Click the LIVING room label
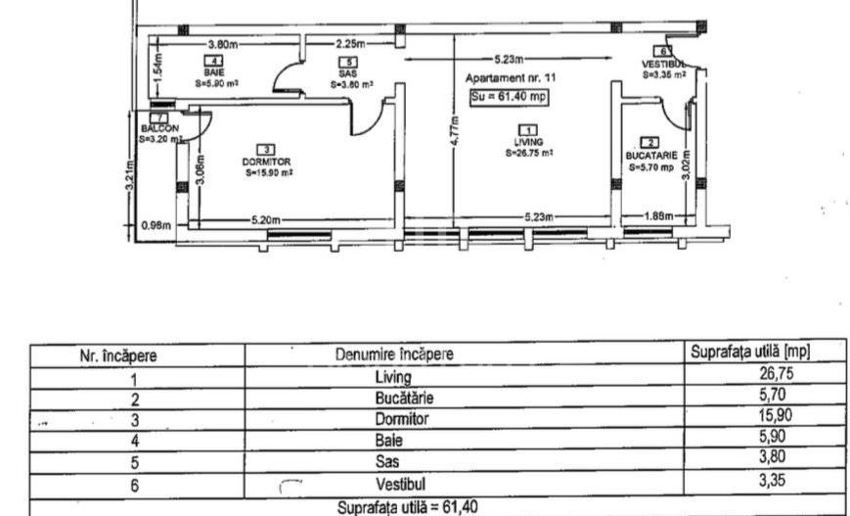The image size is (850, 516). tap(528, 142)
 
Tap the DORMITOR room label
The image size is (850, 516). tap(266, 161)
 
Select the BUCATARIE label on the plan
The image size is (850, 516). tap(649, 156)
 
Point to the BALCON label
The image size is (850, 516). tap(159, 128)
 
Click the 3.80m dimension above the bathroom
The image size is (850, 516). tap(226, 44)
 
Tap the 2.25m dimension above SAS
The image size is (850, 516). tap(350, 44)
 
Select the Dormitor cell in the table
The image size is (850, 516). tap(401, 419)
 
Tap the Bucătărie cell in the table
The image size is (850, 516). tap(401, 398)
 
